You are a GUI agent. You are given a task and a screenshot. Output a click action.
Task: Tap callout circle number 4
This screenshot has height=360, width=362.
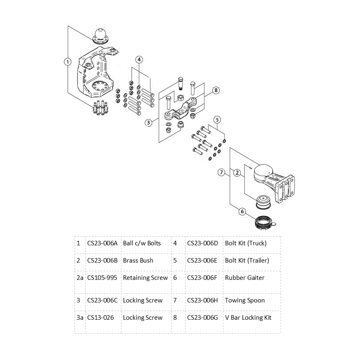[139, 60]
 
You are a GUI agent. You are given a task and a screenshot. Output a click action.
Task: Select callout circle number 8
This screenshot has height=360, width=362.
[216, 90]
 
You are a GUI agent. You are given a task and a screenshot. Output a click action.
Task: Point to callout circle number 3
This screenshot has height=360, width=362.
[149, 122]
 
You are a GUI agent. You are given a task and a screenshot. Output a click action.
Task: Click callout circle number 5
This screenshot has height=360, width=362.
[218, 120]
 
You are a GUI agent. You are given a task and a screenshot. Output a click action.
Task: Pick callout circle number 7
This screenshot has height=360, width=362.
[222, 173]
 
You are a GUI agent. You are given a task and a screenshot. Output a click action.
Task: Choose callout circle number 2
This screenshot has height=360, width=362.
[237, 173]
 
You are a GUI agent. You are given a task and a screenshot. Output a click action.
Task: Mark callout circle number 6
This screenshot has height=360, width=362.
[242, 212]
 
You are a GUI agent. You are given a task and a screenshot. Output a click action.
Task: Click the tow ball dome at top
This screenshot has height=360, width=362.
[100, 34]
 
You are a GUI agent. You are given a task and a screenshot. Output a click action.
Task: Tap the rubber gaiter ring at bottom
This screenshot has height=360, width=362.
[263, 222]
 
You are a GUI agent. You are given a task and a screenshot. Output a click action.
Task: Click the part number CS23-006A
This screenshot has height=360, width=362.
[102, 243]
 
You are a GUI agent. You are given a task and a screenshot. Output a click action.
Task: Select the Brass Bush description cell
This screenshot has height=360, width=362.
[138, 260]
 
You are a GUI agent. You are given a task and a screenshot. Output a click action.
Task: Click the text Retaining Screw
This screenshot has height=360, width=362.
[145, 277]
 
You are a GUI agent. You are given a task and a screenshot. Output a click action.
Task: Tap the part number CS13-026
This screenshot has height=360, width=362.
[100, 317]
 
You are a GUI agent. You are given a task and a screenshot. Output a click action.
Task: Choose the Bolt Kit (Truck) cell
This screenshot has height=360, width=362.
[246, 243]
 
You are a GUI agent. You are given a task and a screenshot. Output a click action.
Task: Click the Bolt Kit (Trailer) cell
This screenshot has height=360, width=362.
[247, 260]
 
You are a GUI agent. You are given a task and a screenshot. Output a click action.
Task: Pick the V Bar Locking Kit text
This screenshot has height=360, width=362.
[248, 317]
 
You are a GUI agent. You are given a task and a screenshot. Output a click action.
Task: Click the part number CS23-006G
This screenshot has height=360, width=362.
[202, 317]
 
